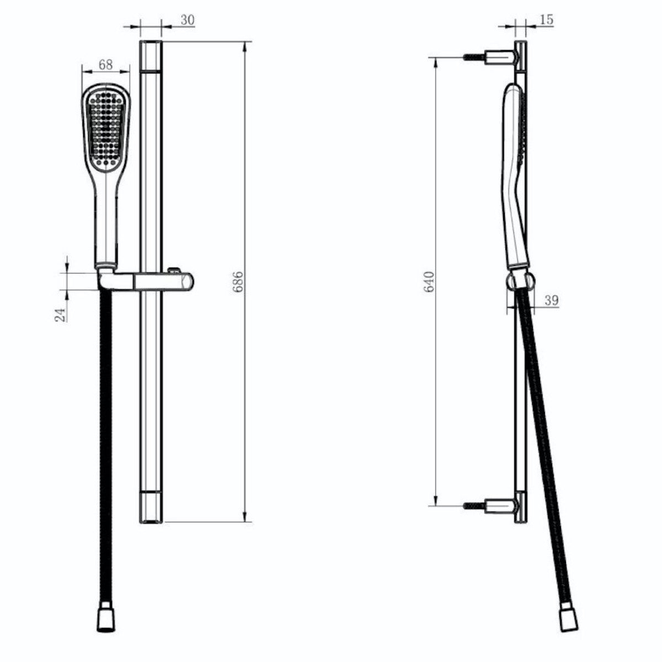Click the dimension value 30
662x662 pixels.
point(188,20)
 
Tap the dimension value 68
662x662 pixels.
point(105,65)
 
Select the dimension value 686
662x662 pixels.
point(238,281)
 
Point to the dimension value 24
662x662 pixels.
point(60,314)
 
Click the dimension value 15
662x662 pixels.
point(547,19)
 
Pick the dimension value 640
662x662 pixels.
point(429,281)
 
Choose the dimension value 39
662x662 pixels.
point(552,300)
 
